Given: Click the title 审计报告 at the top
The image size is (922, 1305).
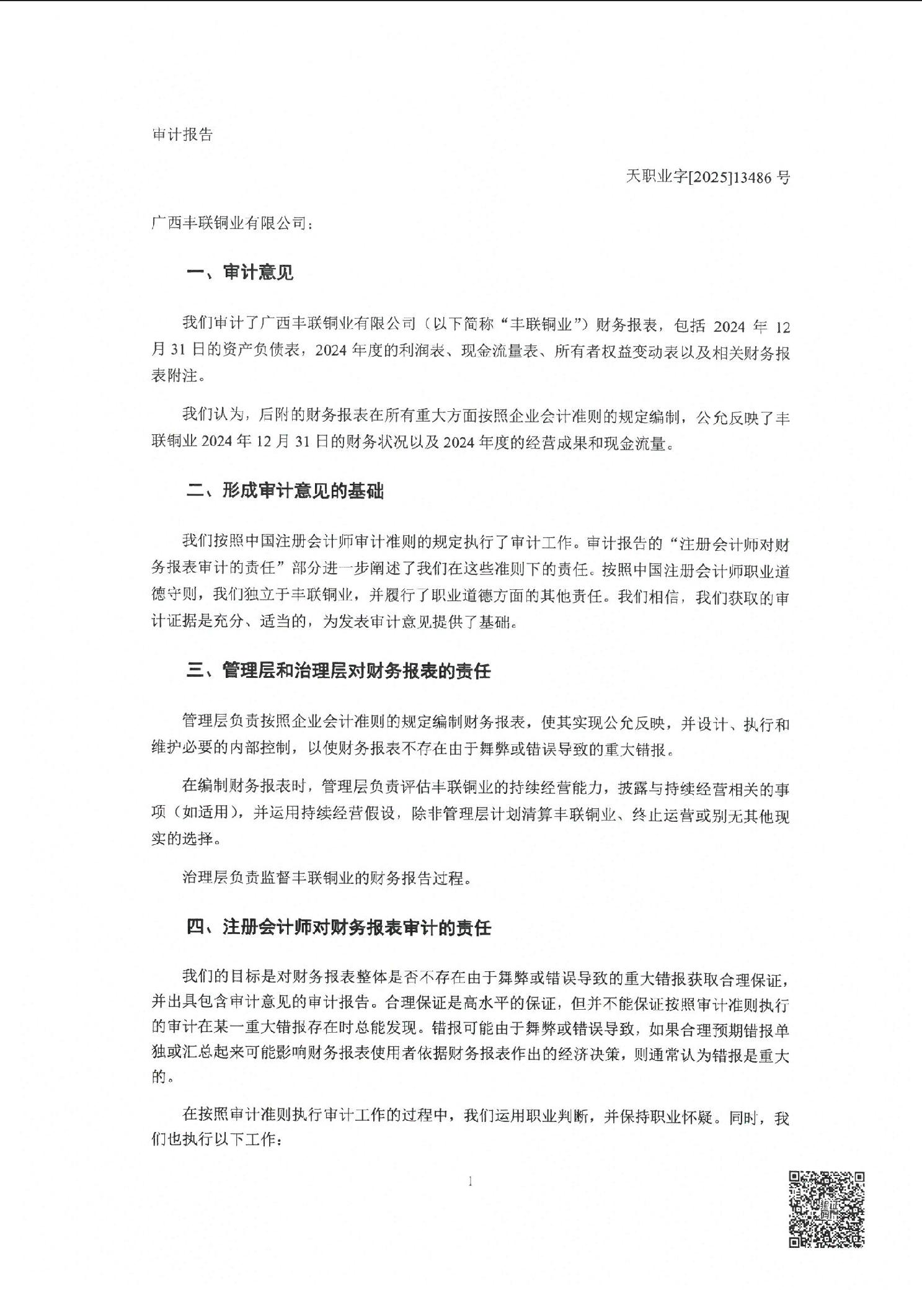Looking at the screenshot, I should (182, 135).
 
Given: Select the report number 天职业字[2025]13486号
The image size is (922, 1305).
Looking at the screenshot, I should (707, 177).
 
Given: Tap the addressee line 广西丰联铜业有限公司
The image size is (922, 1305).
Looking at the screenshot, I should (233, 223).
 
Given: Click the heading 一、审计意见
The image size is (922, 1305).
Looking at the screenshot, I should (240, 272).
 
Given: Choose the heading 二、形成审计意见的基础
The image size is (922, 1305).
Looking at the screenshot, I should (285, 491).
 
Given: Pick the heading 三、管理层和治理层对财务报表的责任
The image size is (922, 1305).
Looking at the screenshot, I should (339, 671).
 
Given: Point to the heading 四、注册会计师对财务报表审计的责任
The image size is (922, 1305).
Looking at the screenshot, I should (339, 928).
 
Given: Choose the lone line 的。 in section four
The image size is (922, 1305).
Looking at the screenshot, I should (159, 1077).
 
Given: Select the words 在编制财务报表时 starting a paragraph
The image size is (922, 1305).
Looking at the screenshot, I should (244, 788).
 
